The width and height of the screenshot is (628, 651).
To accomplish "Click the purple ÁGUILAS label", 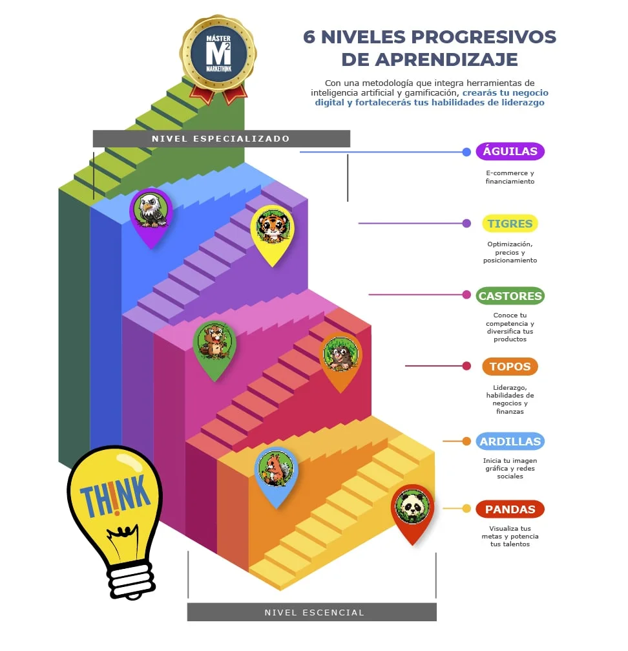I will (x=510, y=152).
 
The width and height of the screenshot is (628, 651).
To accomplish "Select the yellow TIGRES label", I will (x=510, y=224).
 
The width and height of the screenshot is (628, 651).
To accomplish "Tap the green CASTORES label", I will (x=510, y=296).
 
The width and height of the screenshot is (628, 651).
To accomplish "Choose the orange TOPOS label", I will (x=510, y=367).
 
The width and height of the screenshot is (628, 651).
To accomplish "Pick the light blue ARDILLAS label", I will (x=510, y=442).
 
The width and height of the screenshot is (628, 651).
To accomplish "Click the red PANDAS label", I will (x=510, y=509).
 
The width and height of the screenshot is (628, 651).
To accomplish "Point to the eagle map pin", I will (x=151, y=211).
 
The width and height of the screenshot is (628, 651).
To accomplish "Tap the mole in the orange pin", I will (x=340, y=354).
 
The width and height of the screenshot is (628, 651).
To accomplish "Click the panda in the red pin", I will (x=412, y=506).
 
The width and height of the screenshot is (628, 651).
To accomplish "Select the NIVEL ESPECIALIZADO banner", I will (x=221, y=138).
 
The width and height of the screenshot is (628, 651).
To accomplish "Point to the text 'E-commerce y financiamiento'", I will (x=510, y=177).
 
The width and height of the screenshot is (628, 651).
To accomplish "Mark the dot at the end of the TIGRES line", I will (x=466, y=224).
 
